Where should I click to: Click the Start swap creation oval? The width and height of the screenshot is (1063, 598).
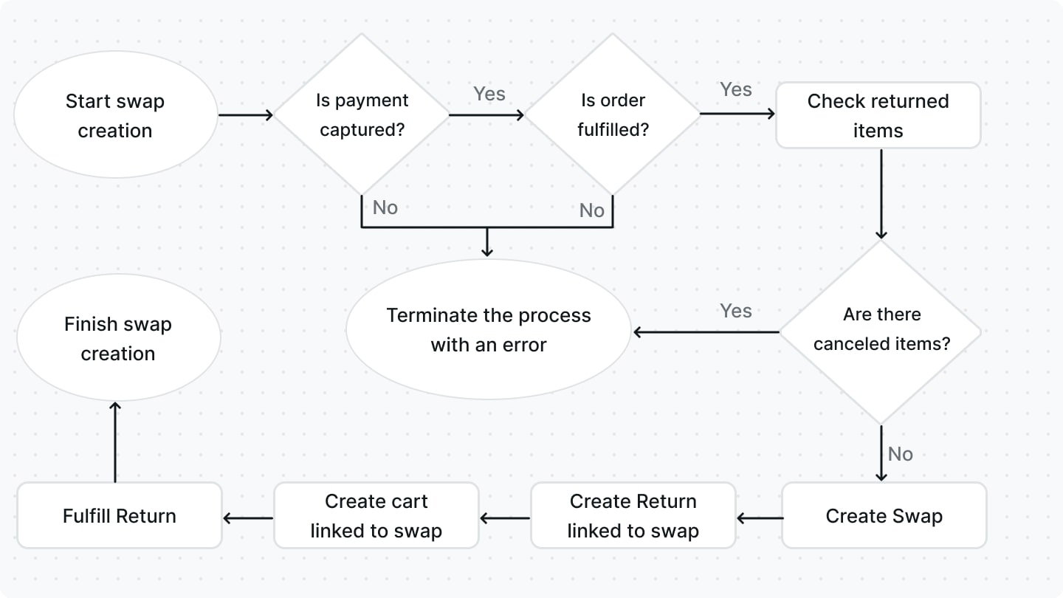[115, 115]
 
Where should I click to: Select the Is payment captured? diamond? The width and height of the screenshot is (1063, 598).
[362, 115]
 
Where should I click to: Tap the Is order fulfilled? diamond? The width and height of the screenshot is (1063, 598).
[613, 115]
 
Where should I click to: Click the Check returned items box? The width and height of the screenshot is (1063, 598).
[878, 115]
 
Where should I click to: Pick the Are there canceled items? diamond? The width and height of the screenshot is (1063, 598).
[881, 329]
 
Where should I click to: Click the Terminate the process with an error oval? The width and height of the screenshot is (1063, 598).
[488, 329]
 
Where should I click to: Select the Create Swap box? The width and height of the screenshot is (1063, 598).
[884, 515]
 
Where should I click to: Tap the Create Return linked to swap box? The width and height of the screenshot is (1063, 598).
[633, 515]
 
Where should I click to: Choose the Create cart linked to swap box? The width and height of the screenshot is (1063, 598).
[376, 515]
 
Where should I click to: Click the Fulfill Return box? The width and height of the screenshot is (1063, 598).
[119, 515]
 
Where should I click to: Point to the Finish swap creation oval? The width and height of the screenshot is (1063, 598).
[118, 338]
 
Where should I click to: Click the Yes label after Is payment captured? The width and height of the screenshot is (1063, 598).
[489, 94]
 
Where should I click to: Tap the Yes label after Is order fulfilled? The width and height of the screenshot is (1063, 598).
[735, 89]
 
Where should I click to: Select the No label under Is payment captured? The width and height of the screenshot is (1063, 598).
[385, 207]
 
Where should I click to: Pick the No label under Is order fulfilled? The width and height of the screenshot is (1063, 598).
[591, 210]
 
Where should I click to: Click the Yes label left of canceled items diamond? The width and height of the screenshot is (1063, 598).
[735, 311]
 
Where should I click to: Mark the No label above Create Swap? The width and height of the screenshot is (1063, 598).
[901, 454]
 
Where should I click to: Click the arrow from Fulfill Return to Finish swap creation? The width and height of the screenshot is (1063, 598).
[115, 443]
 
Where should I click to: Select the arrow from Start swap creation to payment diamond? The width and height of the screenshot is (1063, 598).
[245, 115]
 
